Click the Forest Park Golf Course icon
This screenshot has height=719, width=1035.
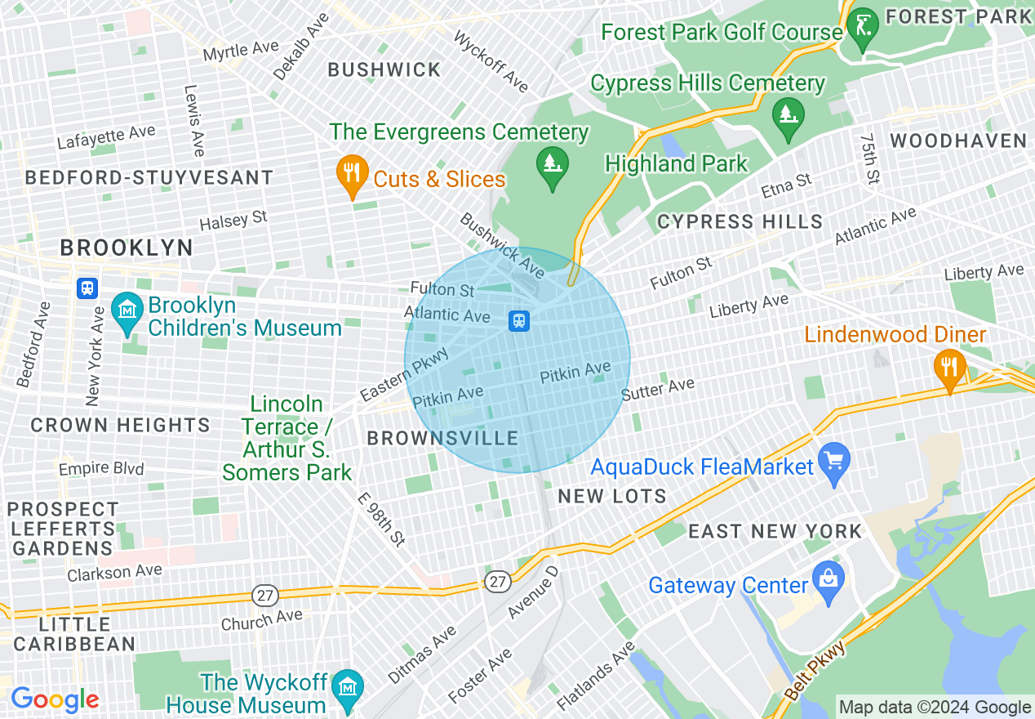861,25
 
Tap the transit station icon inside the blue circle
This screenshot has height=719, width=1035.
518,321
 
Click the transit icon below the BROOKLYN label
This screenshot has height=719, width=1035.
87,288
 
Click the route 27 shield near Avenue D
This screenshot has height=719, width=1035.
497,581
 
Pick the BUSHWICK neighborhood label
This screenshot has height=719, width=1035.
384,70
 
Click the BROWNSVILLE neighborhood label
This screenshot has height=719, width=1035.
442,439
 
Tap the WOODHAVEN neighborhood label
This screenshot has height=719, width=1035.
958,141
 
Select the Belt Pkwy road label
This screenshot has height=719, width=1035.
816,669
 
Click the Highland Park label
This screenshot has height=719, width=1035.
676,163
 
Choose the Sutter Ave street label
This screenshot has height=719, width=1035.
658,389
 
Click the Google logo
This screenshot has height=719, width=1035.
55,699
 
